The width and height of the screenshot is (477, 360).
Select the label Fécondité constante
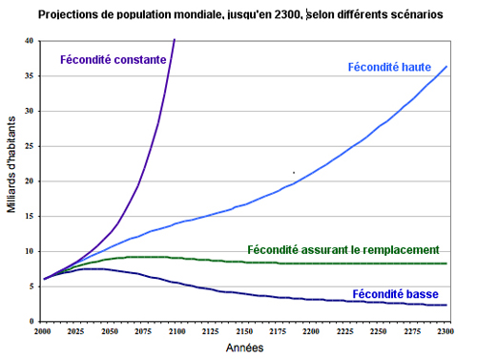[x=114, y=59]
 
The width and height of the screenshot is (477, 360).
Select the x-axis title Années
[x=244, y=348]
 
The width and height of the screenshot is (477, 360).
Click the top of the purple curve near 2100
[x=175, y=40]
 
